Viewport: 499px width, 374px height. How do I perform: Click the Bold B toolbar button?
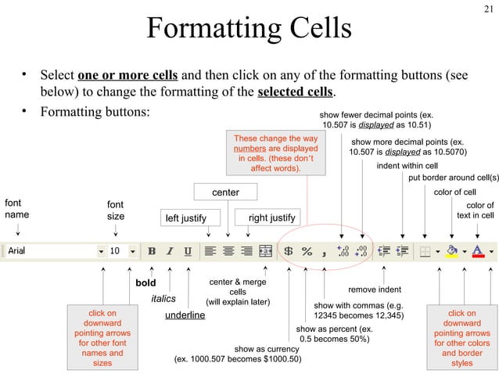(152, 251)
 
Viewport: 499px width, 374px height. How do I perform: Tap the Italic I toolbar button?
(170, 251)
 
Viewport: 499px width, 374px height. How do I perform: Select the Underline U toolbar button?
(188, 251)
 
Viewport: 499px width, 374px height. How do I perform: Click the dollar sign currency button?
(288, 251)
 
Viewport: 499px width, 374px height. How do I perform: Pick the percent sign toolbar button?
(307, 251)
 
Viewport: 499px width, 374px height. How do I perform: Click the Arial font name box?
(51, 251)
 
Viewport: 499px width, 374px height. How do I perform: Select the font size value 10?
(115, 251)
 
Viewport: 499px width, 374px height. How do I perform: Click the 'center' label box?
(225, 192)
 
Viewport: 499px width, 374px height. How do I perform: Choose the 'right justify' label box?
(271, 217)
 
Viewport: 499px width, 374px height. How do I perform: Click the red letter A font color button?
(477, 251)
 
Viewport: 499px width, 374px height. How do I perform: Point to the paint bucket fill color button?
(451, 251)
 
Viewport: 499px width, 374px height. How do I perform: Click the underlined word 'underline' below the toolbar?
(185, 315)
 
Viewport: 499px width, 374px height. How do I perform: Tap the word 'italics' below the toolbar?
(163, 298)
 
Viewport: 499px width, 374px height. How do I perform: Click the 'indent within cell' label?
(407, 166)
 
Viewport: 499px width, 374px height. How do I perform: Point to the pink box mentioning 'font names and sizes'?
(102, 338)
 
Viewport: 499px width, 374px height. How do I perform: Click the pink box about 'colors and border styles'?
(462, 338)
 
